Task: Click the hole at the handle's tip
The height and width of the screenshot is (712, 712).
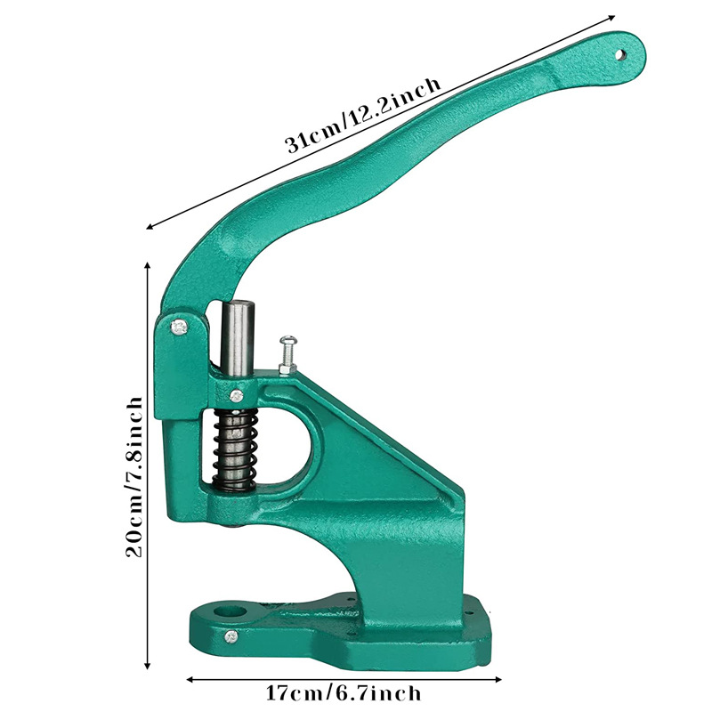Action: point(623,54)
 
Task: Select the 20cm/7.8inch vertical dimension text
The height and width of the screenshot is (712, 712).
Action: point(133,475)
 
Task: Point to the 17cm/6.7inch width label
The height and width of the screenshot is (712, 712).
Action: point(344,692)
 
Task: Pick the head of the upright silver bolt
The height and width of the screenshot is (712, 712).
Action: point(288,339)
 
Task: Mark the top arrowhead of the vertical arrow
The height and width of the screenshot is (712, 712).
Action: point(147,265)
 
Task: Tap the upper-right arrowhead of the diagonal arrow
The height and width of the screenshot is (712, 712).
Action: point(612,17)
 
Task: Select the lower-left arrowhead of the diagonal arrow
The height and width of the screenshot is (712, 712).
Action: point(147,228)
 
